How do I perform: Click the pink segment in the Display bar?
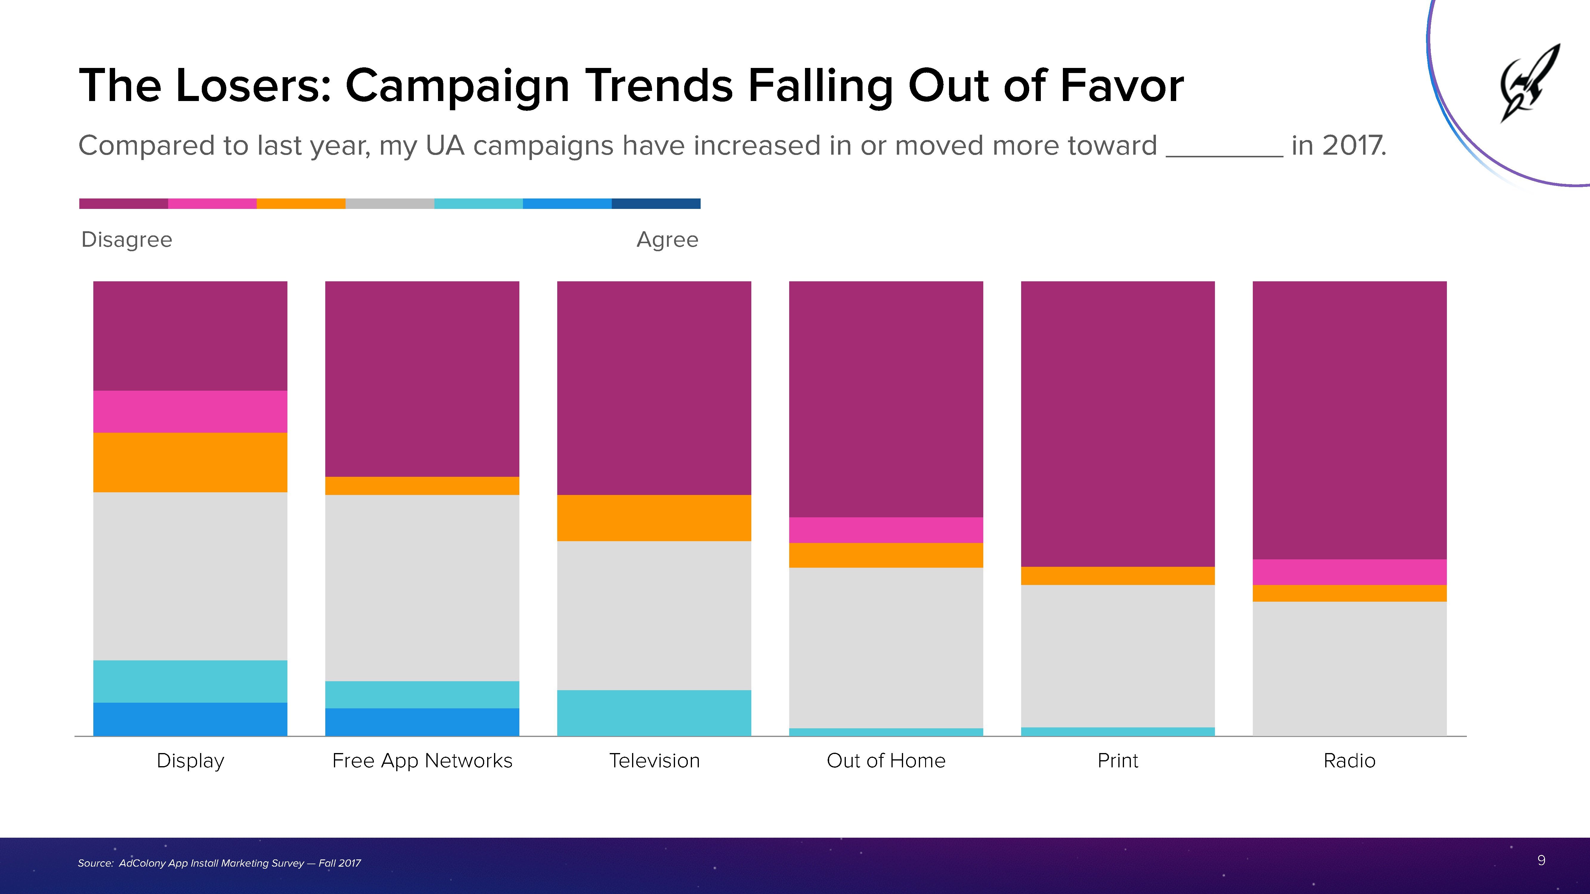click(x=190, y=412)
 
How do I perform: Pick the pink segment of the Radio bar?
click(x=1349, y=572)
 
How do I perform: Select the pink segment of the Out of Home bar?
click(x=886, y=530)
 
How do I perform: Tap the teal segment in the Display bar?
click(x=190, y=681)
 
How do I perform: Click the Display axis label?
click(x=190, y=761)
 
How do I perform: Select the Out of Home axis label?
click(x=886, y=761)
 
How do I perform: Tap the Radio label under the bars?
click(x=1349, y=761)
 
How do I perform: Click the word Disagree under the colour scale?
click(x=126, y=239)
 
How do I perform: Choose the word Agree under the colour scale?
click(x=667, y=239)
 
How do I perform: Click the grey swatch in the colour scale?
click(x=389, y=204)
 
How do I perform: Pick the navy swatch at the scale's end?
click(x=656, y=204)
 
